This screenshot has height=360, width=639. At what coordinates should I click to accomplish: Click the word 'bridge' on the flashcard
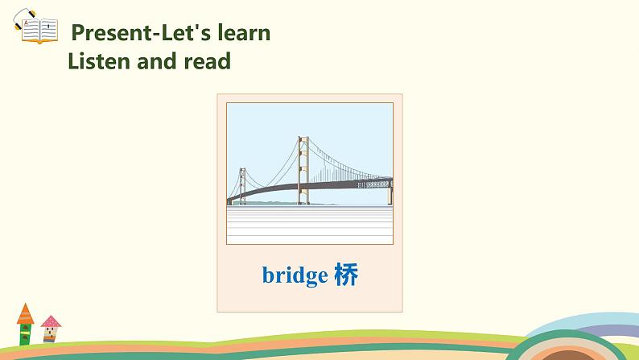click(295, 275)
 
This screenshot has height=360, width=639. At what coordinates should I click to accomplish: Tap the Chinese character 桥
click(344, 275)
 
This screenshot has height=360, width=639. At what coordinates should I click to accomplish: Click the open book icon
click(36, 31)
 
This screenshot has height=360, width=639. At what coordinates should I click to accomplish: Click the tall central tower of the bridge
click(303, 169)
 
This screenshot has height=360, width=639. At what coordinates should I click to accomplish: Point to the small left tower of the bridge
click(241, 185)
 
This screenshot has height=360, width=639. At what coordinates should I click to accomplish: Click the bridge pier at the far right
click(390, 193)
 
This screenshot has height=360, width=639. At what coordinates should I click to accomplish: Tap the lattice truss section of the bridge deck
click(374, 184)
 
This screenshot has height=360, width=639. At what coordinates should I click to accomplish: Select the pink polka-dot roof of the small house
click(51, 322)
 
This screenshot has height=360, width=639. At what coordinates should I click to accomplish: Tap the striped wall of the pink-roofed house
click(52, 333)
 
